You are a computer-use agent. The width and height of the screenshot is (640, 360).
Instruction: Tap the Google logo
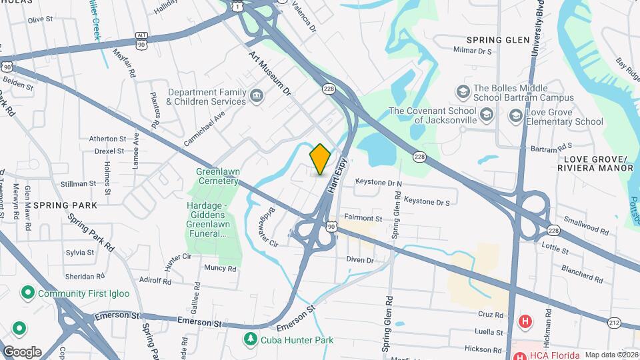21,351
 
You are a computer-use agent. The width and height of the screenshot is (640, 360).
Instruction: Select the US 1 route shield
237,6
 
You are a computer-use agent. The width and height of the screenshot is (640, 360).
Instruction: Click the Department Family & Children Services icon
256,97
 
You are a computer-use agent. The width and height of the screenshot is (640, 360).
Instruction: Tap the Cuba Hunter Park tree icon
250,340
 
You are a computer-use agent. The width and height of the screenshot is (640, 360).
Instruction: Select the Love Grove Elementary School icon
515,117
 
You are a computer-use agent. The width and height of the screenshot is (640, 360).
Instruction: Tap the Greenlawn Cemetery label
217,176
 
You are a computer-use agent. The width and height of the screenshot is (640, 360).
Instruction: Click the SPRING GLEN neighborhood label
497,40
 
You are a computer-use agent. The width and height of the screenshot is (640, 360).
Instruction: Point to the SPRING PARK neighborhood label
65,205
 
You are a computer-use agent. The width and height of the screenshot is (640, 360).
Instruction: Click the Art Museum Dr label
271,73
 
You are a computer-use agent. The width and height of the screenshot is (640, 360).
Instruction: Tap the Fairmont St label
363,218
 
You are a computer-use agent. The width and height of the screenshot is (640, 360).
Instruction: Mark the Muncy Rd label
220,269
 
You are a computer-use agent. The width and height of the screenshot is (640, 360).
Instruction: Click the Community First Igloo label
83,293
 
